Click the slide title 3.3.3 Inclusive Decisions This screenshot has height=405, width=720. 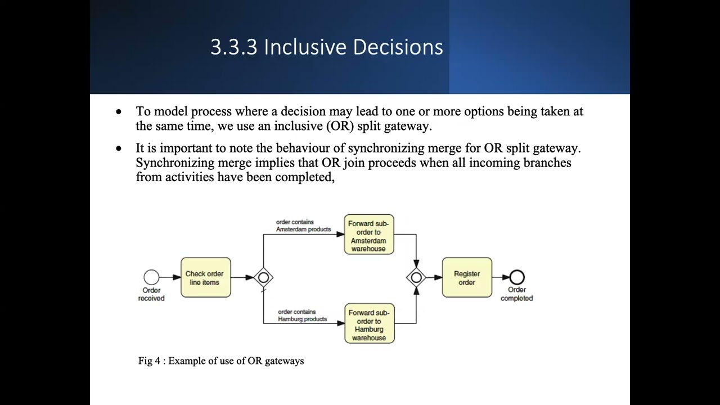pyautogui.click(x=326, y=47)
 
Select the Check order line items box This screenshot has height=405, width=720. pyautogui.click(x=205, y=277)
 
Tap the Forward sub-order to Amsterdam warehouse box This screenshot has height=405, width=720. pyautogui.click(x=368, y=235)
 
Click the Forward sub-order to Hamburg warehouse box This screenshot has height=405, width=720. pyautogui.click(x=369, y=323)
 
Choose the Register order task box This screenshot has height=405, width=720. pyautogui.click(x=466, y=277)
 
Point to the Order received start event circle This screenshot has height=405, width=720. pyautogui.click(x=151, y=277)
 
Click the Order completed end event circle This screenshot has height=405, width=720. pyautogui.click(x=516, y=277)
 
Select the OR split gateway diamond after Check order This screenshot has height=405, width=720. pyautogui.click(x=263, y=277)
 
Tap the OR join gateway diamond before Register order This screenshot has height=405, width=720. pyautogui.click(x=416, y=277)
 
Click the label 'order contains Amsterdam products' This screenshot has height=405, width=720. pyautogui.click(x=303, y=226)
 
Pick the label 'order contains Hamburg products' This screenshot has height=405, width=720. pyautogui.click(x=302, y=316)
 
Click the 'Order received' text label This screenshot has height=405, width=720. pyautogui.click(x=151, y=294)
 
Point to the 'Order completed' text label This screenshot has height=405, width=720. pyautogui.click(x=516, y=294)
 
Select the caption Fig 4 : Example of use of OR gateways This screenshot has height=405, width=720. pyautogui.click(x=221, y=361)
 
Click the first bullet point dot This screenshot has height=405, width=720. pyautogui.click(x=119, y=112)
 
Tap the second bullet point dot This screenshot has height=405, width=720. pyautogui.click(x=119, y=149)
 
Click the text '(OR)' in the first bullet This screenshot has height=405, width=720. pyautogui.click(x=340, y=126)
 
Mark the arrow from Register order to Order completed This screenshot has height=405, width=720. pyautogui.click(x=500, y=277)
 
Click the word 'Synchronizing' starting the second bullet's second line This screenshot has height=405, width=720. pyautogui.click(x=167, y=163)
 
